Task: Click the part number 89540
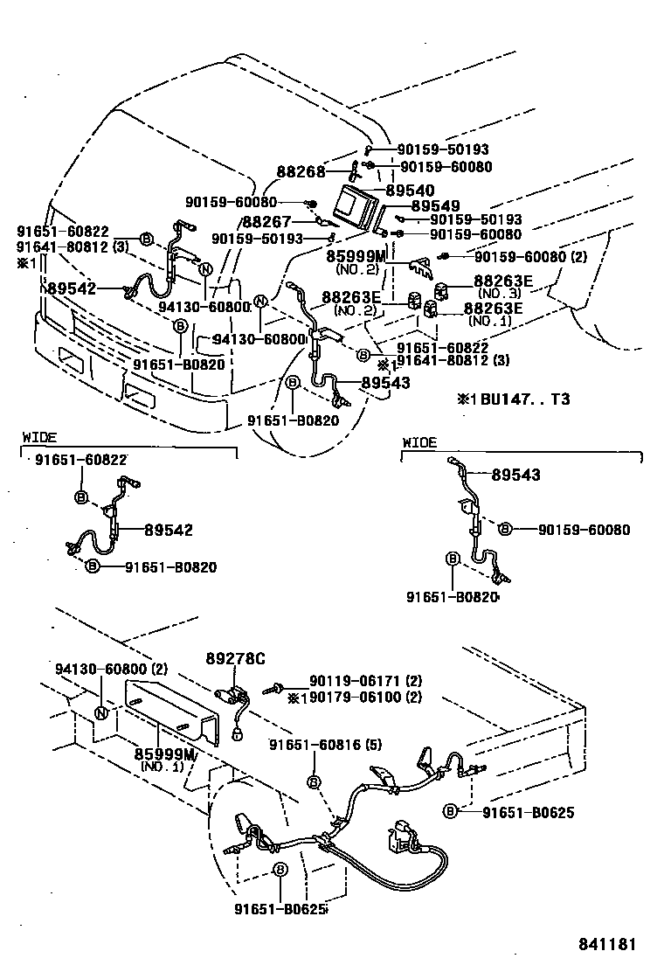point(410,189)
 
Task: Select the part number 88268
point(301,172)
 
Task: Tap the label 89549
point(435,205)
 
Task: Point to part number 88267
point(266,222)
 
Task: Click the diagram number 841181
point(606,944)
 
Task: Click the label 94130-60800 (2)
point(111,669)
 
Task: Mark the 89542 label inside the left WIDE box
point(169,530)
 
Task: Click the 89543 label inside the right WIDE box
point(515,475)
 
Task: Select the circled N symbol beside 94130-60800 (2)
point(101,712)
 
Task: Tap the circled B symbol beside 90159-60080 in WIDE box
point(505,529)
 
